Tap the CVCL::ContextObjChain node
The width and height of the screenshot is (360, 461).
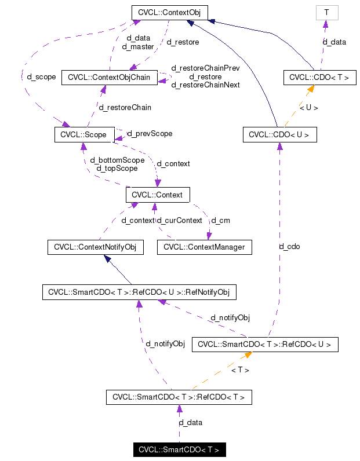110,77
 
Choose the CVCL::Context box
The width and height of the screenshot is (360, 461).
157,195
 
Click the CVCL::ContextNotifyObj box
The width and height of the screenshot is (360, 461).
94,247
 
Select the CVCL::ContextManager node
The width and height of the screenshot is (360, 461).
205,247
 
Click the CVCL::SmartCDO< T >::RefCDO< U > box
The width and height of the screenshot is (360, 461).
264,344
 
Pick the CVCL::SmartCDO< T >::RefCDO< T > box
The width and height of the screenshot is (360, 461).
179,397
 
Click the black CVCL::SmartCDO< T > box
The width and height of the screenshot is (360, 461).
179,449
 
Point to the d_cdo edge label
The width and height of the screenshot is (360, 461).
289,246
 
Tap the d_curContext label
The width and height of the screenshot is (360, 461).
180,220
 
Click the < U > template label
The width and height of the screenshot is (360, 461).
308,107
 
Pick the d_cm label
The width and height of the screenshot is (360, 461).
220,220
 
